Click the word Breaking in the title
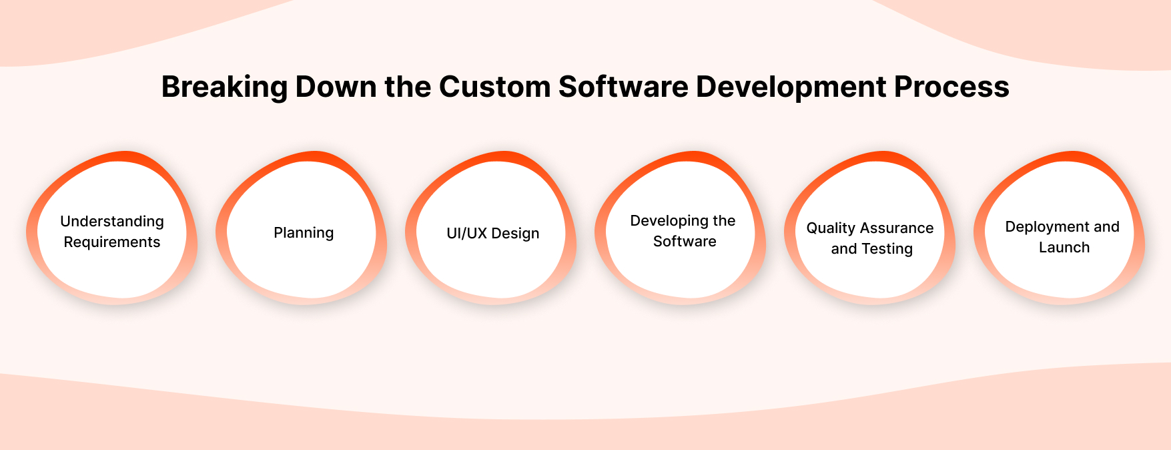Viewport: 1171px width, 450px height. tap(225, 87)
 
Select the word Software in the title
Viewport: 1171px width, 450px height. tap(623, 87)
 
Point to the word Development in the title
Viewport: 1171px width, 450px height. tap(791, 87)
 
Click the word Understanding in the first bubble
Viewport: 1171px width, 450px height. tap(112, 222)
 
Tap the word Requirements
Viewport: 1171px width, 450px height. tap(112, 242)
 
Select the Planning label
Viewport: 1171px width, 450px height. tap(304, 233)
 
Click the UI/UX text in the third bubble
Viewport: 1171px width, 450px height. tap(466, 234)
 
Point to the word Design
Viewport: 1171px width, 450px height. tap(515, 234)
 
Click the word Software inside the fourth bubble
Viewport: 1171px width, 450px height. tap(685, 242)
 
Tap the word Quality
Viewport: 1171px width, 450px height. tap(831, 228)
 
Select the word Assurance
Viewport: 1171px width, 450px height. tap(897, 228)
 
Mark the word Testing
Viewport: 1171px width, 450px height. tap(887, 249)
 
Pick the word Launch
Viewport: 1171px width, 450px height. tap(1064, 248)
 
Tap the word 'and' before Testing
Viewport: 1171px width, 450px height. tap(843, 249)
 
